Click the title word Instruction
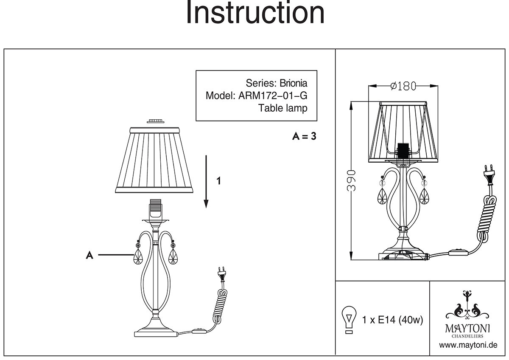(255, 14)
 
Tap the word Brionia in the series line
(292, 83)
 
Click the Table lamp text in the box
(282, 108)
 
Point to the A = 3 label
(304, 137)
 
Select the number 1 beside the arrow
(218, 181)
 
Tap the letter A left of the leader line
(89, 255)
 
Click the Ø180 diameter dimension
(402, 86)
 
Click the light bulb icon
(349, 318)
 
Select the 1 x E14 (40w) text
(393, 320)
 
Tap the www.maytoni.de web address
(468, 345)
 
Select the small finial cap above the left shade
(155, 121)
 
